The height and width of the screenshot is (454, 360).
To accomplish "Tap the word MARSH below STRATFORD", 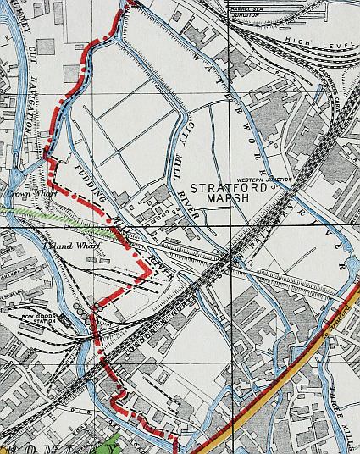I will coord(227,199).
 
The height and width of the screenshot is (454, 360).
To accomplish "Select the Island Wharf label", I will coord(71,246).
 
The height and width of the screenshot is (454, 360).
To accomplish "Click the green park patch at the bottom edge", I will coord(110,445).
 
